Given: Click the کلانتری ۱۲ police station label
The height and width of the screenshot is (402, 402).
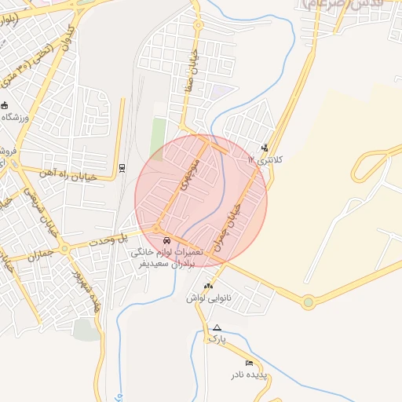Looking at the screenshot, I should (x=262, y=159).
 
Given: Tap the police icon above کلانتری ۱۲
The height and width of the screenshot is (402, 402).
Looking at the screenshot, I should (x=265, y=147).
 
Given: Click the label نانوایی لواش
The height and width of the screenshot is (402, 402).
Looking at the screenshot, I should (x=202, y=298).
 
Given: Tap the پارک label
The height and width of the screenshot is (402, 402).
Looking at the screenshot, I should (x=216, y=338).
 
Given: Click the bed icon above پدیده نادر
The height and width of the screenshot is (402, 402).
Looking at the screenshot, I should (x=249, y=363).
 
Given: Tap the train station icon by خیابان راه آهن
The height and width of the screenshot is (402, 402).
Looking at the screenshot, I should (x=122, y=167).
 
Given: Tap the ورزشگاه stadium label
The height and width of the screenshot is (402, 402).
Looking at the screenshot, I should (x=19, y=117).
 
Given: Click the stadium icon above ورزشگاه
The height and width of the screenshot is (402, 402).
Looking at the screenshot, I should (x=5, y=105).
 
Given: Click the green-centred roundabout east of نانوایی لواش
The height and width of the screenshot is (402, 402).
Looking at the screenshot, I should (x=309, y=301).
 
